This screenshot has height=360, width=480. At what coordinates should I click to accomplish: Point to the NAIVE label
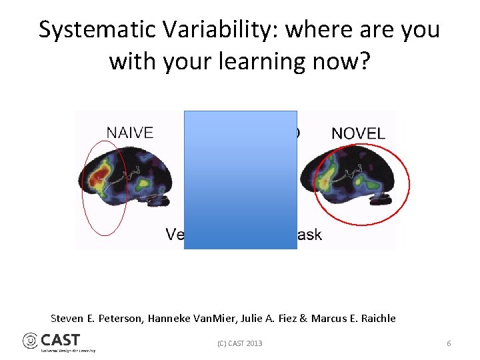point(129,133)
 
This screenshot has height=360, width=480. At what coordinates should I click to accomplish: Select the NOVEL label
point(358,133)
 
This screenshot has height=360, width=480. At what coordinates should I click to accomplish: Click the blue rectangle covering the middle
point(240,180)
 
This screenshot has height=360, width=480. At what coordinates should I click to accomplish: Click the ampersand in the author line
point(303,319)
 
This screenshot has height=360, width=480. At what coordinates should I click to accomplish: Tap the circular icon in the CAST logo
point(31,341)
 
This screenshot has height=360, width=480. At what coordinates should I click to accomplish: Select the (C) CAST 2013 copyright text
point(240,343)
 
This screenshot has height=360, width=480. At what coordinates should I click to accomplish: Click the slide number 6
point(449,343)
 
